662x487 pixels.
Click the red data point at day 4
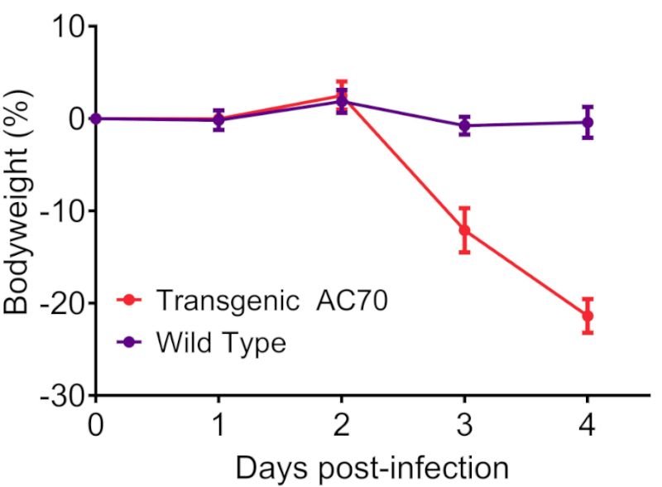click(x=588, y=316)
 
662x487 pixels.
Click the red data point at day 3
click(x=464, y=229)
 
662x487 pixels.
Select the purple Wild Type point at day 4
click(x=588, y=122)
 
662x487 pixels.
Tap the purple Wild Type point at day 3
click(x=464, y=126)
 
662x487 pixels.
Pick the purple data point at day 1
click(x=218, y=120)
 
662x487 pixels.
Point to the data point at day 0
click(x=96, y=118)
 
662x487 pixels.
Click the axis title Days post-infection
click(x=372, y=467)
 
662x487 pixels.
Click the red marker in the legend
click(x=129, y=300)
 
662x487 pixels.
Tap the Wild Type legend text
click(x=220, y=341)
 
